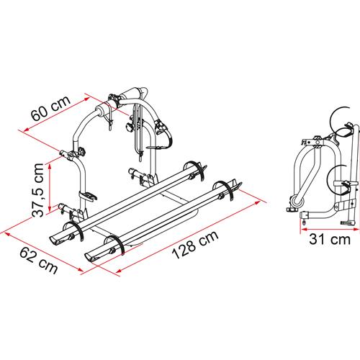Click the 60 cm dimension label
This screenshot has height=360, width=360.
50,109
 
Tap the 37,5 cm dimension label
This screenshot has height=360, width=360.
38,190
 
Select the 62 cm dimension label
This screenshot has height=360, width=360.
39,261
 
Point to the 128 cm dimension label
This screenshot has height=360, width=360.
195,244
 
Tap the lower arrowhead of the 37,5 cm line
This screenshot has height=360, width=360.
50,208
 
